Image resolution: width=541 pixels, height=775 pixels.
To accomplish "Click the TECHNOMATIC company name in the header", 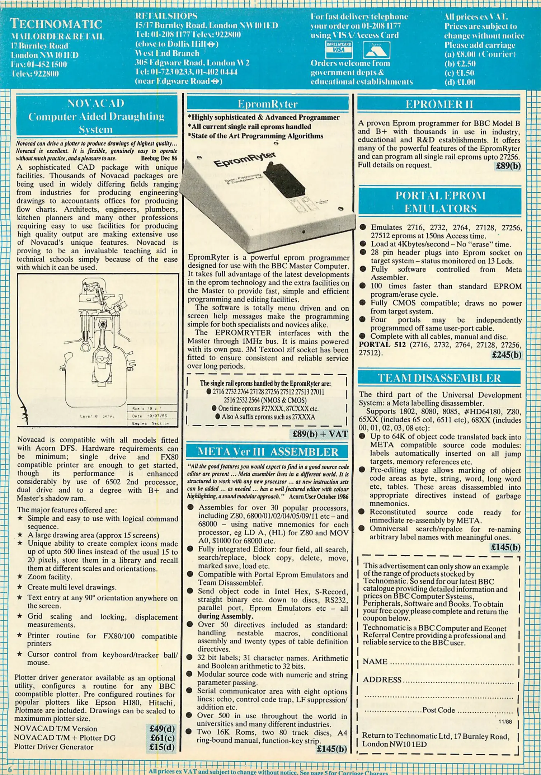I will point(56,24).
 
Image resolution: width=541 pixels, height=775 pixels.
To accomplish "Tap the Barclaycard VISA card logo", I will point(339,50).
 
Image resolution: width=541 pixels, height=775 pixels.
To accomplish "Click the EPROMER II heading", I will point(439,104).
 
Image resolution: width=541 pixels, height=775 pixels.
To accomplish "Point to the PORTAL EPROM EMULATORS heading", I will point(440,202).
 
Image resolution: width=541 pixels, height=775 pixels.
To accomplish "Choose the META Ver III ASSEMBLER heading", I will point(268,452).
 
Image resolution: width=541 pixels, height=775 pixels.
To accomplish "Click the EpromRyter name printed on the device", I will point(245,160).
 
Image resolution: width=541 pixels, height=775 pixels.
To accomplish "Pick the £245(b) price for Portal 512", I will point(507,355).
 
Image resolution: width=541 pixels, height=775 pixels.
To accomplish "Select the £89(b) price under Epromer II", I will point(508,166).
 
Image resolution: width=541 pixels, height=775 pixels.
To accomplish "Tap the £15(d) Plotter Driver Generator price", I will point(162,747).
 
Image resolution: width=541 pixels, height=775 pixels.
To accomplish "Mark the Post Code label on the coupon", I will point(438,710).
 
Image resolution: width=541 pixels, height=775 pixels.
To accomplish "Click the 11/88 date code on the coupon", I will point(505,722).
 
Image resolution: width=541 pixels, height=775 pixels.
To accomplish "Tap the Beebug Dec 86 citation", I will point(159,158).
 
